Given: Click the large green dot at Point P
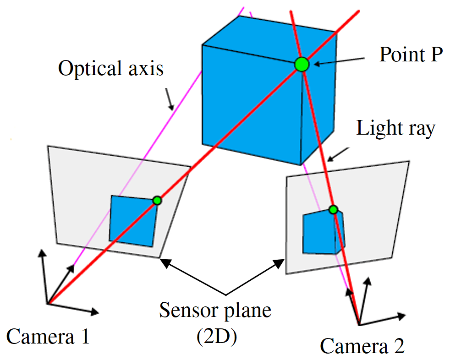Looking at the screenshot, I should pyautogui.click(x=302, y=65).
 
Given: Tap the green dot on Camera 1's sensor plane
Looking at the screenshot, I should pyautogui.click(x=157, y=200).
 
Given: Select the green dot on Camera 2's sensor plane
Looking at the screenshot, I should pyautogui.click(x=333, y=210).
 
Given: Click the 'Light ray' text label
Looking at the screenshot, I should pyautogui.click(x=395, y=129).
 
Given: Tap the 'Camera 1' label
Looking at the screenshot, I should pyautogui.click(x=48, y=337).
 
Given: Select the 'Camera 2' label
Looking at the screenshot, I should pyautogui.click(x=362, y=346).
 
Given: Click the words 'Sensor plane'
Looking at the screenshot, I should pyautogui.click(x=215, y=311).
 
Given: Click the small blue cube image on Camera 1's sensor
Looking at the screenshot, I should pyautogui.click(x=133, y=220).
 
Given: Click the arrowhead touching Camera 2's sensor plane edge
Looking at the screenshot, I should pyautogui.click(x=280, y=262).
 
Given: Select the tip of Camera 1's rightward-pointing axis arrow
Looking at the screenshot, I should pyautogui.click(x=97, y=313).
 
